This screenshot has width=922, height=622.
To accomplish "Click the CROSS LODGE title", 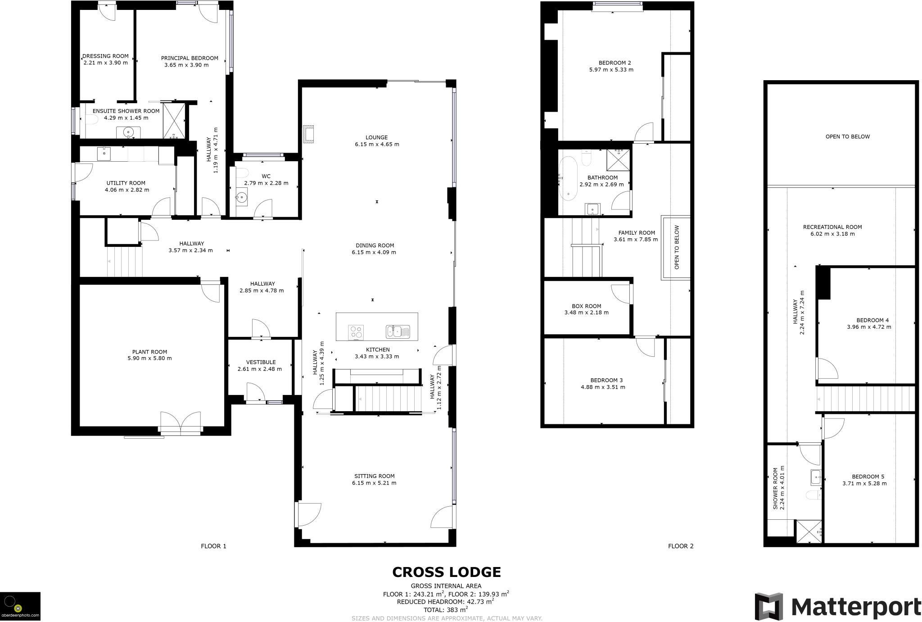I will pyautogui.click(x=446, y=572).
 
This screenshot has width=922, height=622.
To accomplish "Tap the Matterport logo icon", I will pyautogui.click(x=768, y=606).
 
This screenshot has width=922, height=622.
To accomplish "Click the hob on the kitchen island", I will pyautogui.click(x=356, y=332).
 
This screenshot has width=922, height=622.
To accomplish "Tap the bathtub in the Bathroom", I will pyautogui.click(x=567, y=178).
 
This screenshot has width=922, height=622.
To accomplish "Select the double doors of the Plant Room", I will pyautogui.click(x=180, y=423).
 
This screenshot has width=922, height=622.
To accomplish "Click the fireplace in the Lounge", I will pyautogui.click(x=309, y=134).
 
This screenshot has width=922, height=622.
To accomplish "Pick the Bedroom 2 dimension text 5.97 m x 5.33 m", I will pyautogui.click(x=611, y=70).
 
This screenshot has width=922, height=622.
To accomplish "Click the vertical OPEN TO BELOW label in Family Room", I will pyautogui.click(x=676, y=247).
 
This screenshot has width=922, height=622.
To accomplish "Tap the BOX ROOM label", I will pyautogui.click(x=586, y=306).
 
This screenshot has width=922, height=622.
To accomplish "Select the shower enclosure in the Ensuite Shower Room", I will pyautogui.click(x=174, y=120).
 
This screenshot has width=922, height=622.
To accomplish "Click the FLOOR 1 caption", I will pyautogui.click(x=213, y=546).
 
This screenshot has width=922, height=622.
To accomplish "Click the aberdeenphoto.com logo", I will pyautogui.click(x=20, y=606).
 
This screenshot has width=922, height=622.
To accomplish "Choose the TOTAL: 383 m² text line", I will pyautogui.click(x=446, y=610).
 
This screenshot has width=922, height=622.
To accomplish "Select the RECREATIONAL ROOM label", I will pyautogui.click(x=832, y=227).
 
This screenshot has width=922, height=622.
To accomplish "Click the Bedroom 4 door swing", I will pyautogui.click(x=827, y=368).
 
